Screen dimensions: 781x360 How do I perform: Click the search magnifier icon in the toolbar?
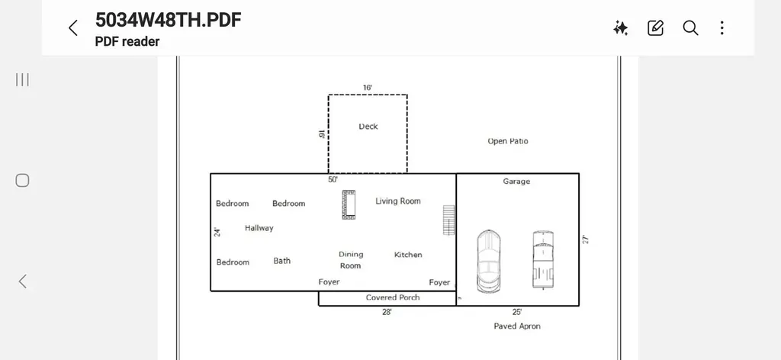[690, 28]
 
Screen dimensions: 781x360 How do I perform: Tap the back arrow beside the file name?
[72, 28]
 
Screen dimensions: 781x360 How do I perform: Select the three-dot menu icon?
[722, 28]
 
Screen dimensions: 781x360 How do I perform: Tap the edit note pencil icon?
[655, 28]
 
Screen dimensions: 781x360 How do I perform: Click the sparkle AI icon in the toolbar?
[621, 28]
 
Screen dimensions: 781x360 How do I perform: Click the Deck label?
[368, 127]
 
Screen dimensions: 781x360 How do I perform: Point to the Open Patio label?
[507, 141]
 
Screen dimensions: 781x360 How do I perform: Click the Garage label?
[516, 182]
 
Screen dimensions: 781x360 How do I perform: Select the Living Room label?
[398, 201]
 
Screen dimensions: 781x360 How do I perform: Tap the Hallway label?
[259, 228]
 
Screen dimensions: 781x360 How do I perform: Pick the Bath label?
[282, 260]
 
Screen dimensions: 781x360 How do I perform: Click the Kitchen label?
[408, 255]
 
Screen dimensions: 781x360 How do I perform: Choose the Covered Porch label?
[393, 297]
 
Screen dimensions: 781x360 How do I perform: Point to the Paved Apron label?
[517, 326]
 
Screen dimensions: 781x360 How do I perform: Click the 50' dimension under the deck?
[333, 179]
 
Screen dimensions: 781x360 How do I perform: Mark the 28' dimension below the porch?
[387, 312]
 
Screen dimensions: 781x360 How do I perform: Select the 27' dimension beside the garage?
[586, 239]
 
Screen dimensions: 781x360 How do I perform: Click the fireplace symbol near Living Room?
[349, 204]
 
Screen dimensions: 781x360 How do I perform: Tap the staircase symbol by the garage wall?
[448, 220]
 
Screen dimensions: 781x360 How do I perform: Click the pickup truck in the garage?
[543, 259]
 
